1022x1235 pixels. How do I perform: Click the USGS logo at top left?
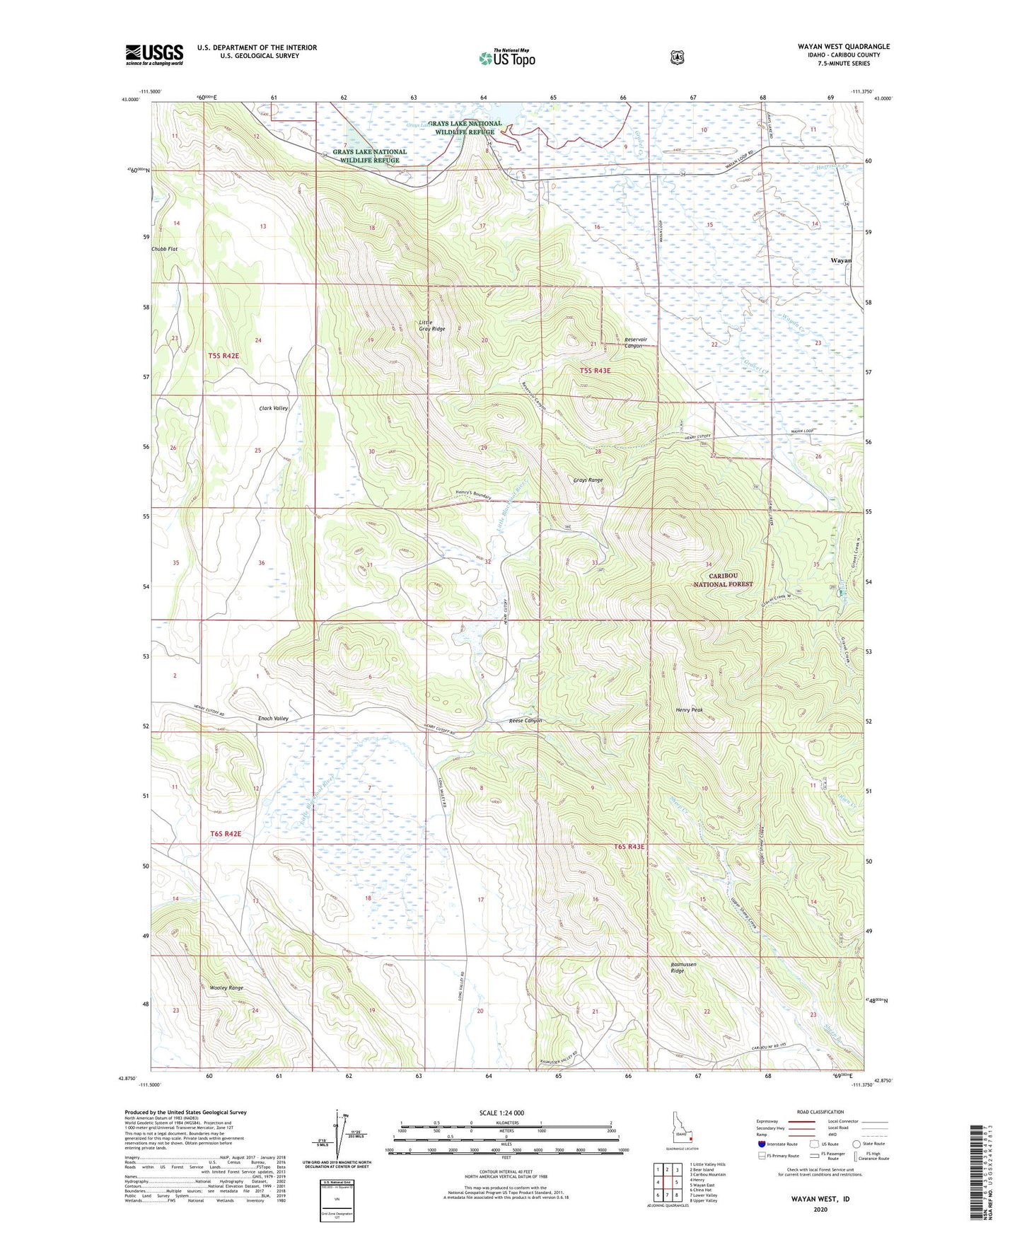[x=154, y=54]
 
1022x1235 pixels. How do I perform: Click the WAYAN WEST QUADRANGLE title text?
[x=844, y=47]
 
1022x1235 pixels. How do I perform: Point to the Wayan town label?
[x=841, y=260]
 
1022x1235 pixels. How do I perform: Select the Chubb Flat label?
[x=163, y=249]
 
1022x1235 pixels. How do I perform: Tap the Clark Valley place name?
[x=273, y=408]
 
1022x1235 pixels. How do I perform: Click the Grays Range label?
[x=588, y=480]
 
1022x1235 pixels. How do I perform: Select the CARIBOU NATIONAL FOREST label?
[x=722, y=580]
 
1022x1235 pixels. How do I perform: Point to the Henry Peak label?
[x=689, y=709]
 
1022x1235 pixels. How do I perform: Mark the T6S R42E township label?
[x=226, y=834]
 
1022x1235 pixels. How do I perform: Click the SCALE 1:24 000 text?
[x=501, y=1113]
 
